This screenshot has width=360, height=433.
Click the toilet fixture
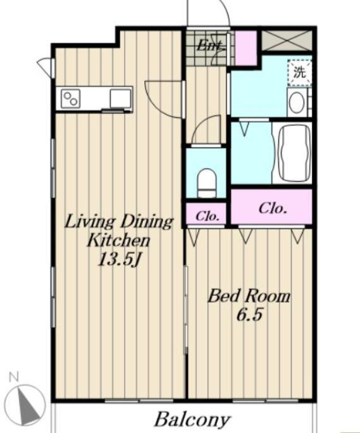point(207,183)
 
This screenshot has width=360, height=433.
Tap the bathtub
point(294,153)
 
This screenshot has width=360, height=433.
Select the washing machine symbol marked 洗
point(299,72)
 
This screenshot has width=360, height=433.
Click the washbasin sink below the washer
point(297,103)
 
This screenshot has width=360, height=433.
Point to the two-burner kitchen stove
point(70,99)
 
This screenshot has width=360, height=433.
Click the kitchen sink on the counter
point(120,99)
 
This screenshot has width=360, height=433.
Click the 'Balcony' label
point(192,419)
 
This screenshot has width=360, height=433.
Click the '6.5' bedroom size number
point(249,315)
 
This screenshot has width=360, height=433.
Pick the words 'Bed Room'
point(249,296)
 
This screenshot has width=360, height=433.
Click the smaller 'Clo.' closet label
point(208,216)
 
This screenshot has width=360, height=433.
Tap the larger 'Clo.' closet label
point(273,208)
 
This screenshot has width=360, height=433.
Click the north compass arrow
point(28,405)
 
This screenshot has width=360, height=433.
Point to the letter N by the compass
point(13,377)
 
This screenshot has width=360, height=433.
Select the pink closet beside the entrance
point(245,47)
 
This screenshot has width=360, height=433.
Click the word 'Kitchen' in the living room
point(119,241)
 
